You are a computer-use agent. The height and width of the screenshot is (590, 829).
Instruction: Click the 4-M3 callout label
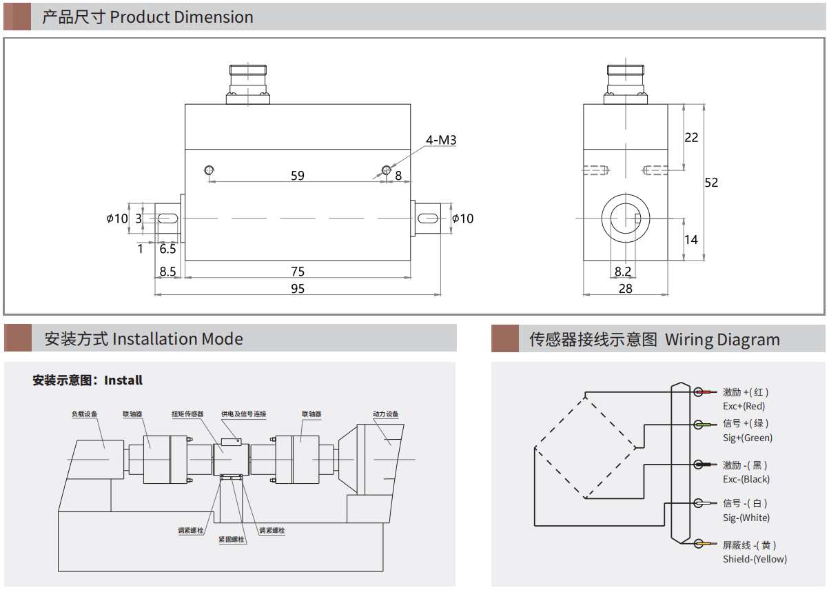pos(441,141)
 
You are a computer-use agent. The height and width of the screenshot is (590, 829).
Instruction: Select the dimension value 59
pos(297,176)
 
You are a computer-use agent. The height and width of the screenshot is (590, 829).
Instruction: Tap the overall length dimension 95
pos(297,288)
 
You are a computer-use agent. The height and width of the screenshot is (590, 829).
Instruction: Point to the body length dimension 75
pos(297,272)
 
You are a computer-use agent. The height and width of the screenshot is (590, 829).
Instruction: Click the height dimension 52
pos(711,183)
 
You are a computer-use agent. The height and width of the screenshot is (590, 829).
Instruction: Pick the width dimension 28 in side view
pos(625,289)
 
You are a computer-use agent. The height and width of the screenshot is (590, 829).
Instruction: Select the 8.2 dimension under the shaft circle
pos(622,272)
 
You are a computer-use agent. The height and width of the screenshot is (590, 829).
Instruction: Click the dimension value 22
pos(691,138)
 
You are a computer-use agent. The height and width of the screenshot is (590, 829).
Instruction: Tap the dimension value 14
pos(691,240)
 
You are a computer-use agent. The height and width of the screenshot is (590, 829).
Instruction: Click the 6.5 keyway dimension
pos(167,249)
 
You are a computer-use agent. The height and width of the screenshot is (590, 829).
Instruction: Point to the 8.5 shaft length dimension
pos(167,272)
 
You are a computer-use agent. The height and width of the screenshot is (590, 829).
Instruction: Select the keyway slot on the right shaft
pos(429,218)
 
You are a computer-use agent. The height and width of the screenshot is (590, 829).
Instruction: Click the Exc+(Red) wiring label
pos(744,407)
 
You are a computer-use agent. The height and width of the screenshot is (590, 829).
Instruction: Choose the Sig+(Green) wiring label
pos(748,438)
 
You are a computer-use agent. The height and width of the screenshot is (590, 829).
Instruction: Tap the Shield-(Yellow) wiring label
pos(755,559)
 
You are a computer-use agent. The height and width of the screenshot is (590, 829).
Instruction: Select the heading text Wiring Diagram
pos(722,340)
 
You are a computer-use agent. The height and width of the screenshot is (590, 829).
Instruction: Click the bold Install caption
pos(123,380)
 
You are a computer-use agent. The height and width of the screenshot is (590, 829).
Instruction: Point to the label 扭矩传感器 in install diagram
pos(187,414)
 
